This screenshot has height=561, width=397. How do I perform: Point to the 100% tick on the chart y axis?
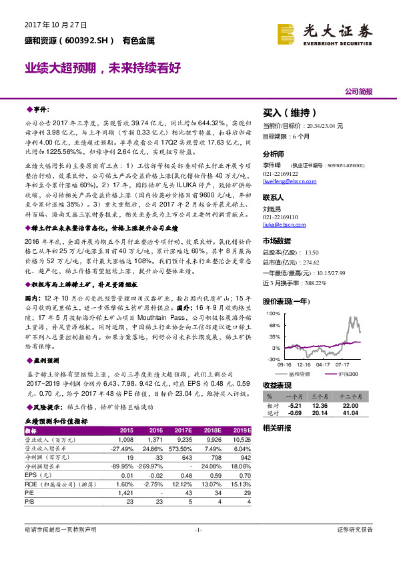274,312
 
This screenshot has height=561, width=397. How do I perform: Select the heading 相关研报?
277,427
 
